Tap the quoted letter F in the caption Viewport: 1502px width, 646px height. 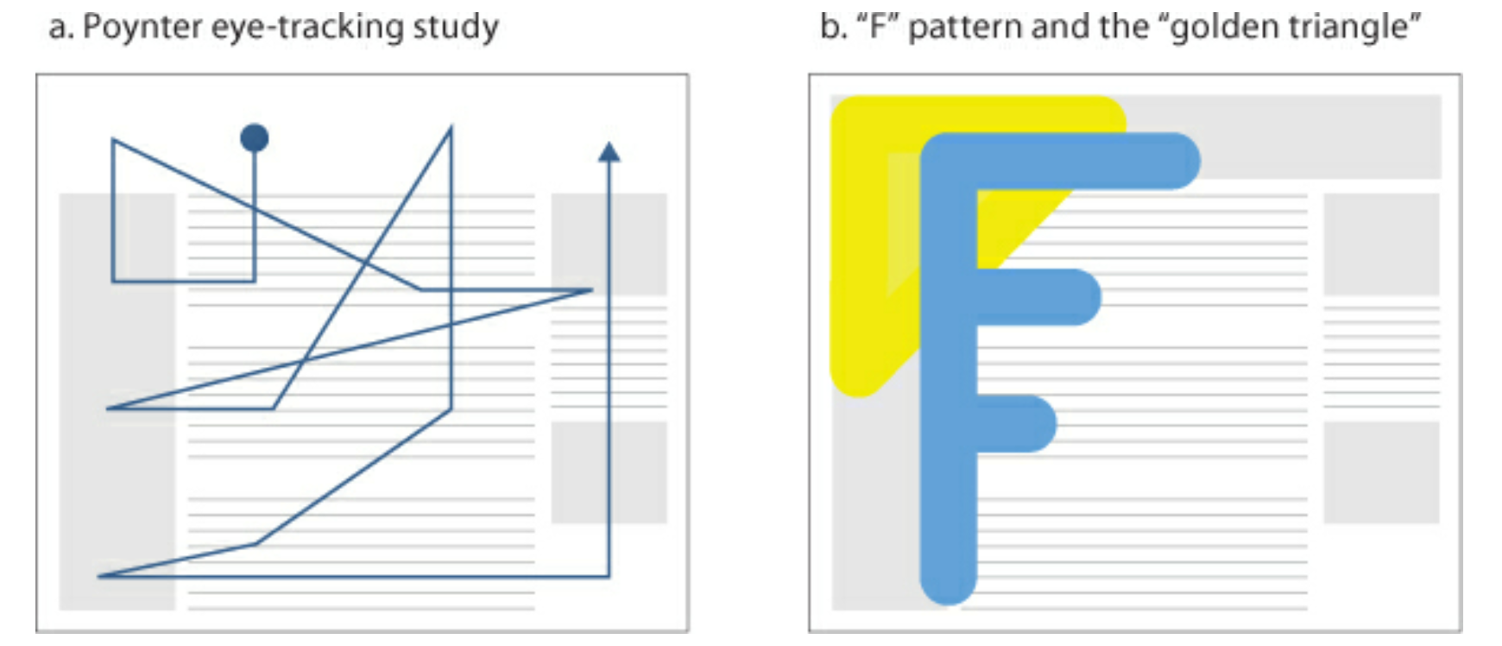pos(879,27)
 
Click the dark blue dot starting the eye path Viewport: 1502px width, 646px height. pos(254,137)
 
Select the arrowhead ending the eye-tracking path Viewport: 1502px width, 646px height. pos(609,152)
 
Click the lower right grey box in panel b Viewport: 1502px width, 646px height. pos(1381,472)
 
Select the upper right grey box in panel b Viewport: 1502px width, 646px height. pos(1381,244)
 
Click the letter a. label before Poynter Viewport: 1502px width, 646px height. pos(60,27)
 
